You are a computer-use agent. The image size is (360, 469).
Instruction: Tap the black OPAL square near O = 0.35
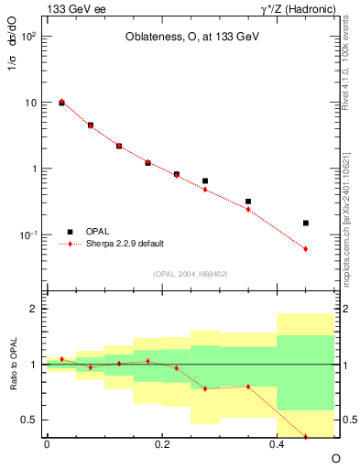(248, 202)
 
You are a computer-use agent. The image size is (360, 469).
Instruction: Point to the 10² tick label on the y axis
(28, 37)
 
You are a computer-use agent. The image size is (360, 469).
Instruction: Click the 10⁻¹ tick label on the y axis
(28, 235)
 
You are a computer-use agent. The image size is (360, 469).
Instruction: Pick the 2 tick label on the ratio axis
(34, 310)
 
